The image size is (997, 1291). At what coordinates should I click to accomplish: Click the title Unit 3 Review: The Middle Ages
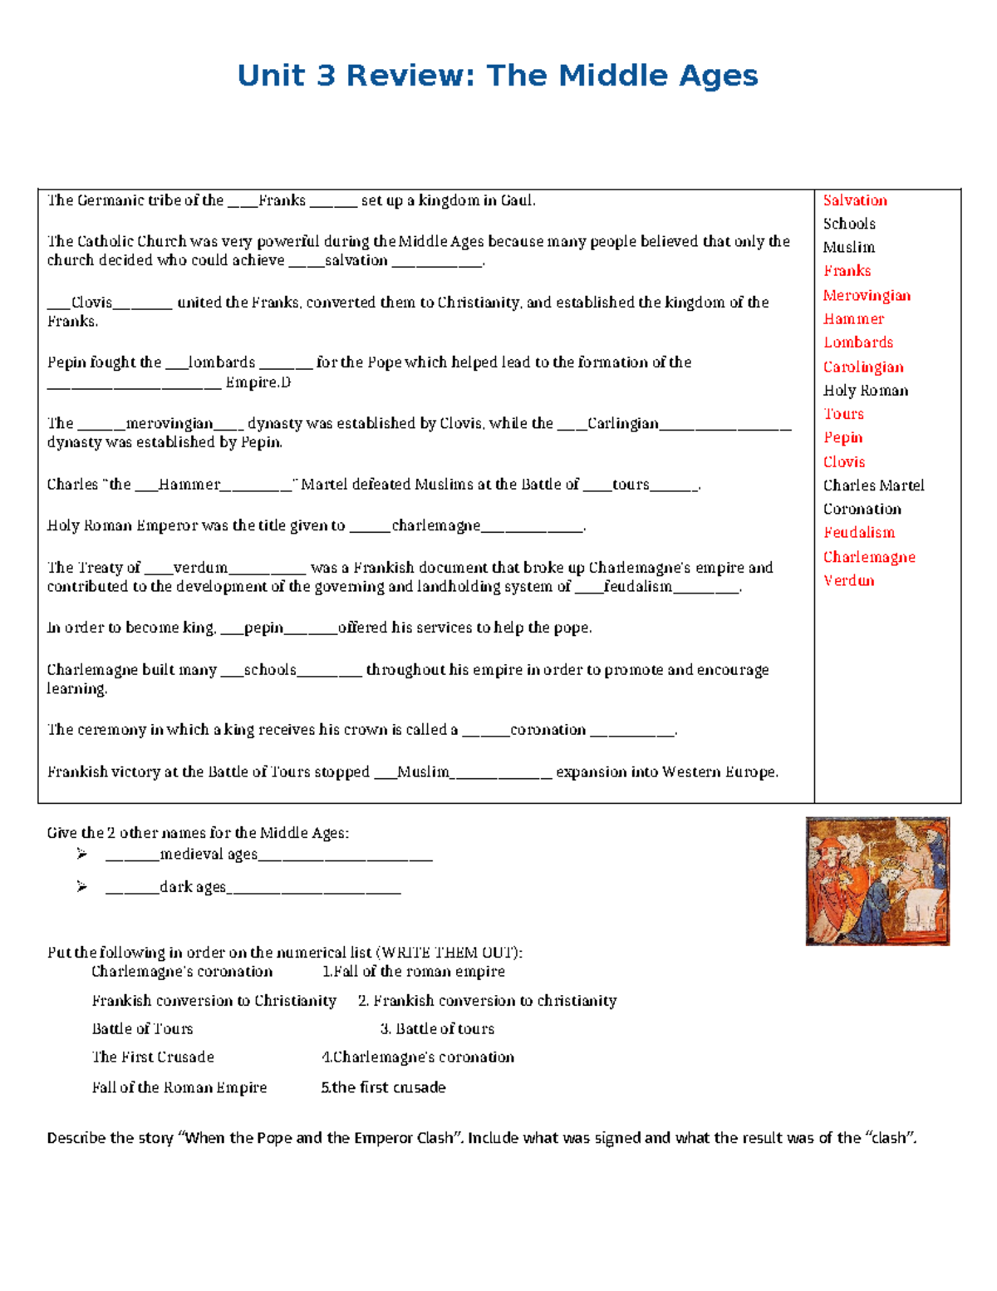(497, 76)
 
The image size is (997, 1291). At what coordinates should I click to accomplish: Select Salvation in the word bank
(855, 200)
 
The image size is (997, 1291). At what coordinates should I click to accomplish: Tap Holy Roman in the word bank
(865, 391)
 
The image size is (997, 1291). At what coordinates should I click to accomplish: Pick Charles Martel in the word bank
(873, 485)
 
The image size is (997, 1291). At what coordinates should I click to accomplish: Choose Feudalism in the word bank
(859, 533)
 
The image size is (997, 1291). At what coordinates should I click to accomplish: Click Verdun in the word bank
(848, 581)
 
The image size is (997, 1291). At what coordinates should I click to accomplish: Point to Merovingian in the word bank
(867, 296)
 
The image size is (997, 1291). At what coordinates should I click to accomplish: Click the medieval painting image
(877, 881)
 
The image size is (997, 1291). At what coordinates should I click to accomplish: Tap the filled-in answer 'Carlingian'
(622, 424)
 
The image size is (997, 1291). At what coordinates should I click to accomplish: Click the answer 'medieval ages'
(209, 855)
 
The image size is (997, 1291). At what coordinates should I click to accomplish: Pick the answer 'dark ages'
(193, 888)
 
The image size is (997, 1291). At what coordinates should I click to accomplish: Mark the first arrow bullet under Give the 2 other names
(81, 854)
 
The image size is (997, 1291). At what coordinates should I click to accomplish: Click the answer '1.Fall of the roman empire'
(413, 972)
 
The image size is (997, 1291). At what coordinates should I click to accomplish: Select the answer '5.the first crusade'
(383, 1088)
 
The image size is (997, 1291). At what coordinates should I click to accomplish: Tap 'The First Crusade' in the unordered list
(153, 1057)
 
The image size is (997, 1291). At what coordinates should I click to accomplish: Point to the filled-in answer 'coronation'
(548, 730)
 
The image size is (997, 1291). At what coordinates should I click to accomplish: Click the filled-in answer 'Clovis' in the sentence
(91, 303)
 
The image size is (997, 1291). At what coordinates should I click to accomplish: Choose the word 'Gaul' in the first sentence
(517, 200)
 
